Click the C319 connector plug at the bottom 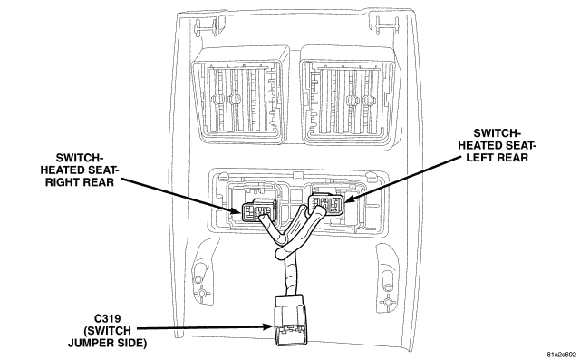click(288, 320)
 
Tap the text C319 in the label click(108, 318)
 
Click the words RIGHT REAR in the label click(80, 182)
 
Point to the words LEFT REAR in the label click(497, 158)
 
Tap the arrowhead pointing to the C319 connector click(269, 326)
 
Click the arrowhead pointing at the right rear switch click(236, 211)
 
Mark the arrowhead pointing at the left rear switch click(349, 199)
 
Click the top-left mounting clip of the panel click(206, 26)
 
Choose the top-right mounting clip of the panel click(384, 26)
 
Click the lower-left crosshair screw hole click(201, 294)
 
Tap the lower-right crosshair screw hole click(388, 303)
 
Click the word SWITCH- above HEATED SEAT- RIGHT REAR click(79, 158)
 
